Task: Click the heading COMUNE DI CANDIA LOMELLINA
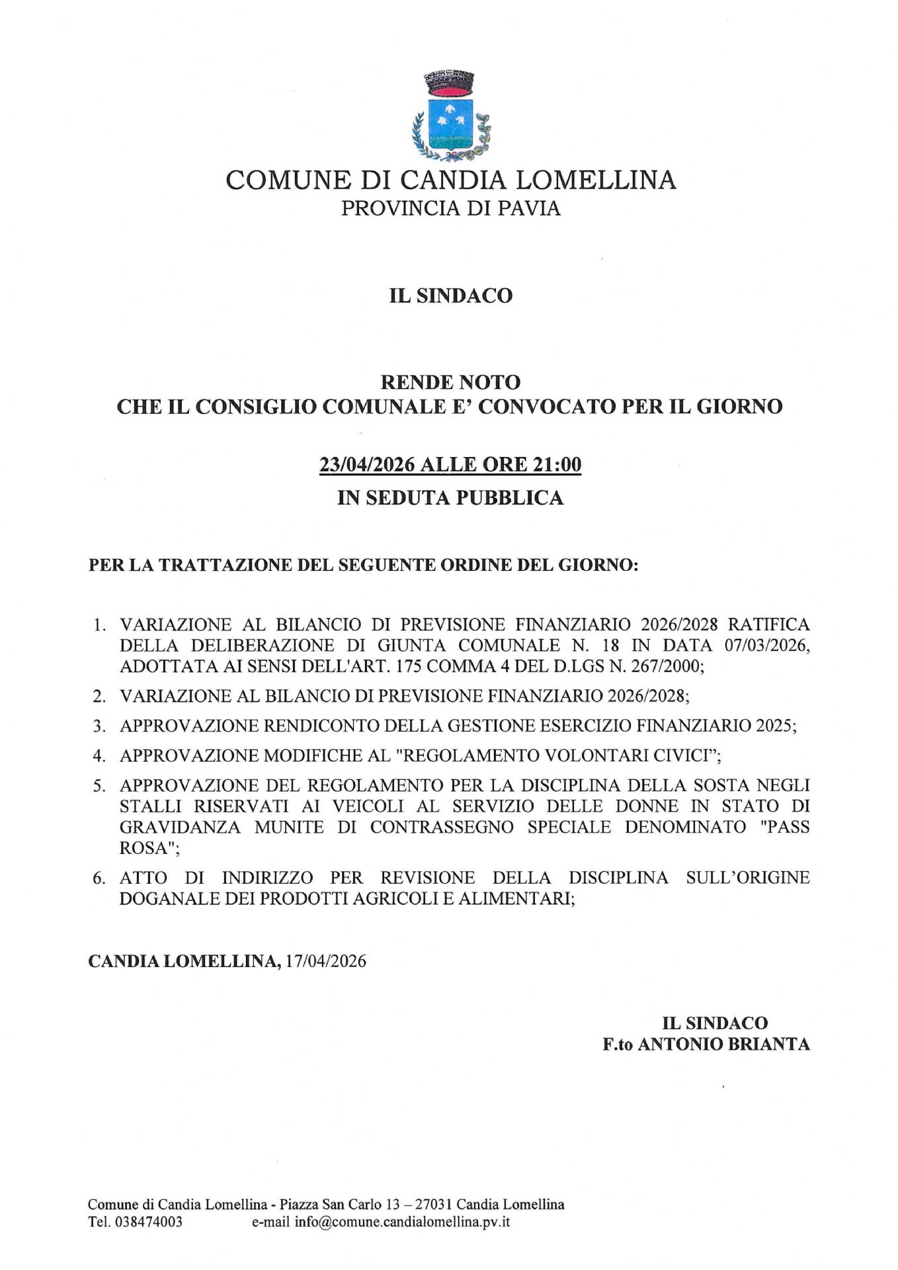click(x=450, y=180)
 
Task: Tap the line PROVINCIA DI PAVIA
click(x=450, y=208)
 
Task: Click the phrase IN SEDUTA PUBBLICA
click(x=450, y=497)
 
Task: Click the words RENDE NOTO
click(x=450, y=382)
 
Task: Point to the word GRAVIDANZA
click(x=180, y=827)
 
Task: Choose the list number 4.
click(x=99, y=755)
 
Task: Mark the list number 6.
click(x=99, y=878)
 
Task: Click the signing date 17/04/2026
click(x=325, y=961)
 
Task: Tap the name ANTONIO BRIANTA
click(x=723, y=1044)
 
